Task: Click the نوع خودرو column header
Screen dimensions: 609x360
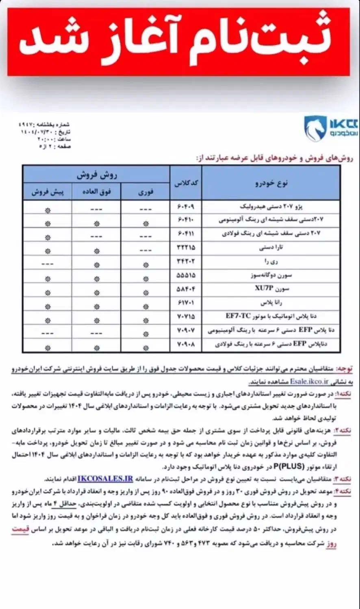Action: coord(271,183)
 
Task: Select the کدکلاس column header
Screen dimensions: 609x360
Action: coord(186,183)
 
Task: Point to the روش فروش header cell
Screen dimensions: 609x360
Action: coord(97,175)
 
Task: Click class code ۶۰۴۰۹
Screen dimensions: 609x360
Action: coord(186,207)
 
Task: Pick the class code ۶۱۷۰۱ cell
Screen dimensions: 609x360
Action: coord(186,303)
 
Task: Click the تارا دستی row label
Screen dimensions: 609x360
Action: coord(276,248)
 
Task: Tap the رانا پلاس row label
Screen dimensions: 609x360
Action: coord(271,303)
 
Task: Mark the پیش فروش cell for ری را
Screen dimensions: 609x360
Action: coord(48,264)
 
